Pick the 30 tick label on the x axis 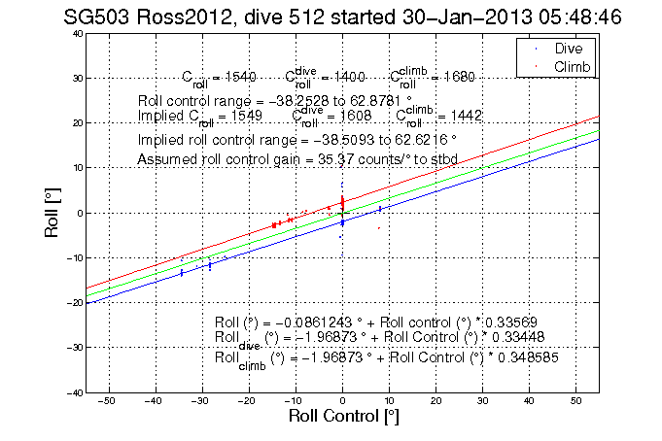click(482, 400)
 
